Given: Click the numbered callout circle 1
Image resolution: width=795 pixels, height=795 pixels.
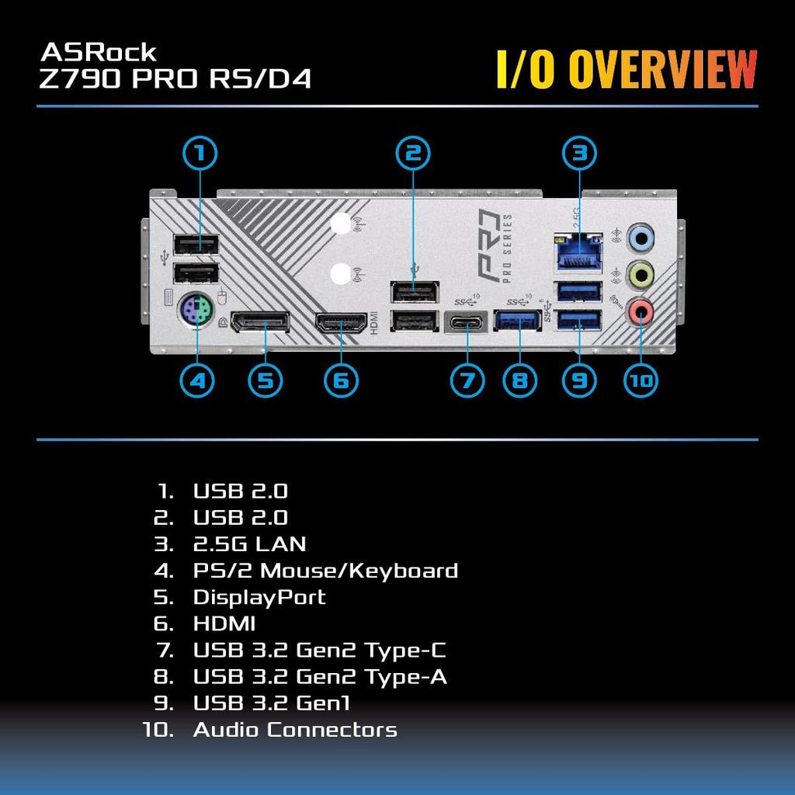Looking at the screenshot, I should tap(200, 153).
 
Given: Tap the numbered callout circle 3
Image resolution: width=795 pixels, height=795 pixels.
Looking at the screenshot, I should tap(578, 153).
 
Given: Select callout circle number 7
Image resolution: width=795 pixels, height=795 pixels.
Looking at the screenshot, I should tap(467, 380).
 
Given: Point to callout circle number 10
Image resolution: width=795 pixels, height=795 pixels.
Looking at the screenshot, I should tap(641, 380).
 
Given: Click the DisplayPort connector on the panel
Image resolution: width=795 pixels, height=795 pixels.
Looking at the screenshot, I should tap(261, 322).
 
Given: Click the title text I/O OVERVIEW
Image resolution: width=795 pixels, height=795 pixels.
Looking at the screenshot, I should tap(627, 70).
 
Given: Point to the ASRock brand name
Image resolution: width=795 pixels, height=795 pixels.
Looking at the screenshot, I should tap(99, 52).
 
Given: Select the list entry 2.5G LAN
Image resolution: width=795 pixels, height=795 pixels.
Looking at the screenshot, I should tap(249, 544).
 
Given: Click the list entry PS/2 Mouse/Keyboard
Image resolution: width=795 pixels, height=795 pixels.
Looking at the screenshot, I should tap(325, 571).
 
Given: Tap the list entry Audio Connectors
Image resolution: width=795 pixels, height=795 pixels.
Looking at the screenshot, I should tap(294, 730).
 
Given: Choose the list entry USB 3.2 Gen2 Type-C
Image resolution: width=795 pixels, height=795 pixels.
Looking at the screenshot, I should tap(319, 650).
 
